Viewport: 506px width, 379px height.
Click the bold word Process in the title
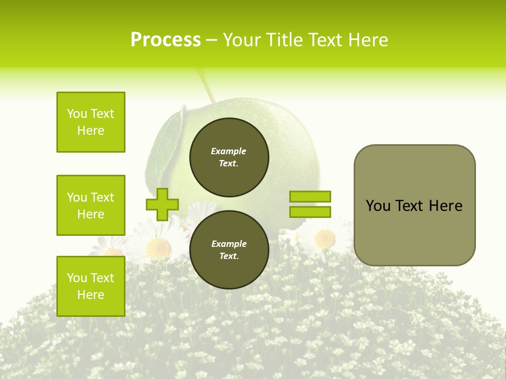pyautogui.click(x=166, y=40)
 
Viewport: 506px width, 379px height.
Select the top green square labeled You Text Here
pyautogui.click(x=91, y=122)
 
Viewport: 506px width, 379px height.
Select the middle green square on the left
pyautogui.click(x=91, y=205)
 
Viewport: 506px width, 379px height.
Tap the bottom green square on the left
pyautogui.click(x=91, y=286)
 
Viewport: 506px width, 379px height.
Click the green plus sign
pyautogui.click(x=162, y=204)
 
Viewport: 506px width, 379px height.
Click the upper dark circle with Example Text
pyautogui.click(x=229, y=157)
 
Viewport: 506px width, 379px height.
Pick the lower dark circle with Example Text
pyautogui.click(x=229, y=250)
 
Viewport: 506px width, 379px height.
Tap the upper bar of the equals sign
pyautogui.click(x=310, y=196)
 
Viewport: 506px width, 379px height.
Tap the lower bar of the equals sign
pyautogui.click(x=310, y=212)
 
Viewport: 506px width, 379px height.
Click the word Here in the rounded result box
pyautogui.click(x=445, y=206)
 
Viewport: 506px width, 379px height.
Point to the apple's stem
pyautogui.click(x=207, y=87)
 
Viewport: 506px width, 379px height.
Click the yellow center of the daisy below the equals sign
pyautogui.click(x=325, y=239)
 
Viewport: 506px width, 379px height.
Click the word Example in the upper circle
pyautogui.click(x=229, y=151)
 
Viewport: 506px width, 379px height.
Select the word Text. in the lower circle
pyautogui.click(x=229, y=256)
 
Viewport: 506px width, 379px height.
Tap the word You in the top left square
pyautogui.click(x=76, y=114)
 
